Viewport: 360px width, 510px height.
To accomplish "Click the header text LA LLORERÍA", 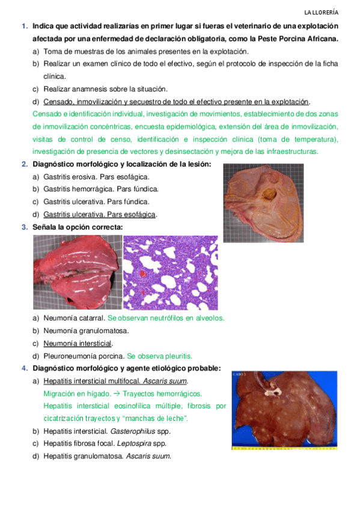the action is click(x=321, y=12).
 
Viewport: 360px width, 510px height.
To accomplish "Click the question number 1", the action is click(x=24, y=26).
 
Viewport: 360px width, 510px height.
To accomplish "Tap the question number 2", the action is click(x=24, y=164).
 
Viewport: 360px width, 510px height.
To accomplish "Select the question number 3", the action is click(x=24, y=227).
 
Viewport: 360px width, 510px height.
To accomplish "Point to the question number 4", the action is click(x=24, y=368).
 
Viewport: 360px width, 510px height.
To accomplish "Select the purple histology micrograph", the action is click(x=170, y=272).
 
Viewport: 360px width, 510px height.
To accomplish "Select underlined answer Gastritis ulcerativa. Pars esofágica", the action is click(x=100, y=215).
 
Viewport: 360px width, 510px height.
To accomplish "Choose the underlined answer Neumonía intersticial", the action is click(x=78, y=343).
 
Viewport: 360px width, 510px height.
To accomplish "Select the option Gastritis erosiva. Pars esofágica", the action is click(x=96, y=177).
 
